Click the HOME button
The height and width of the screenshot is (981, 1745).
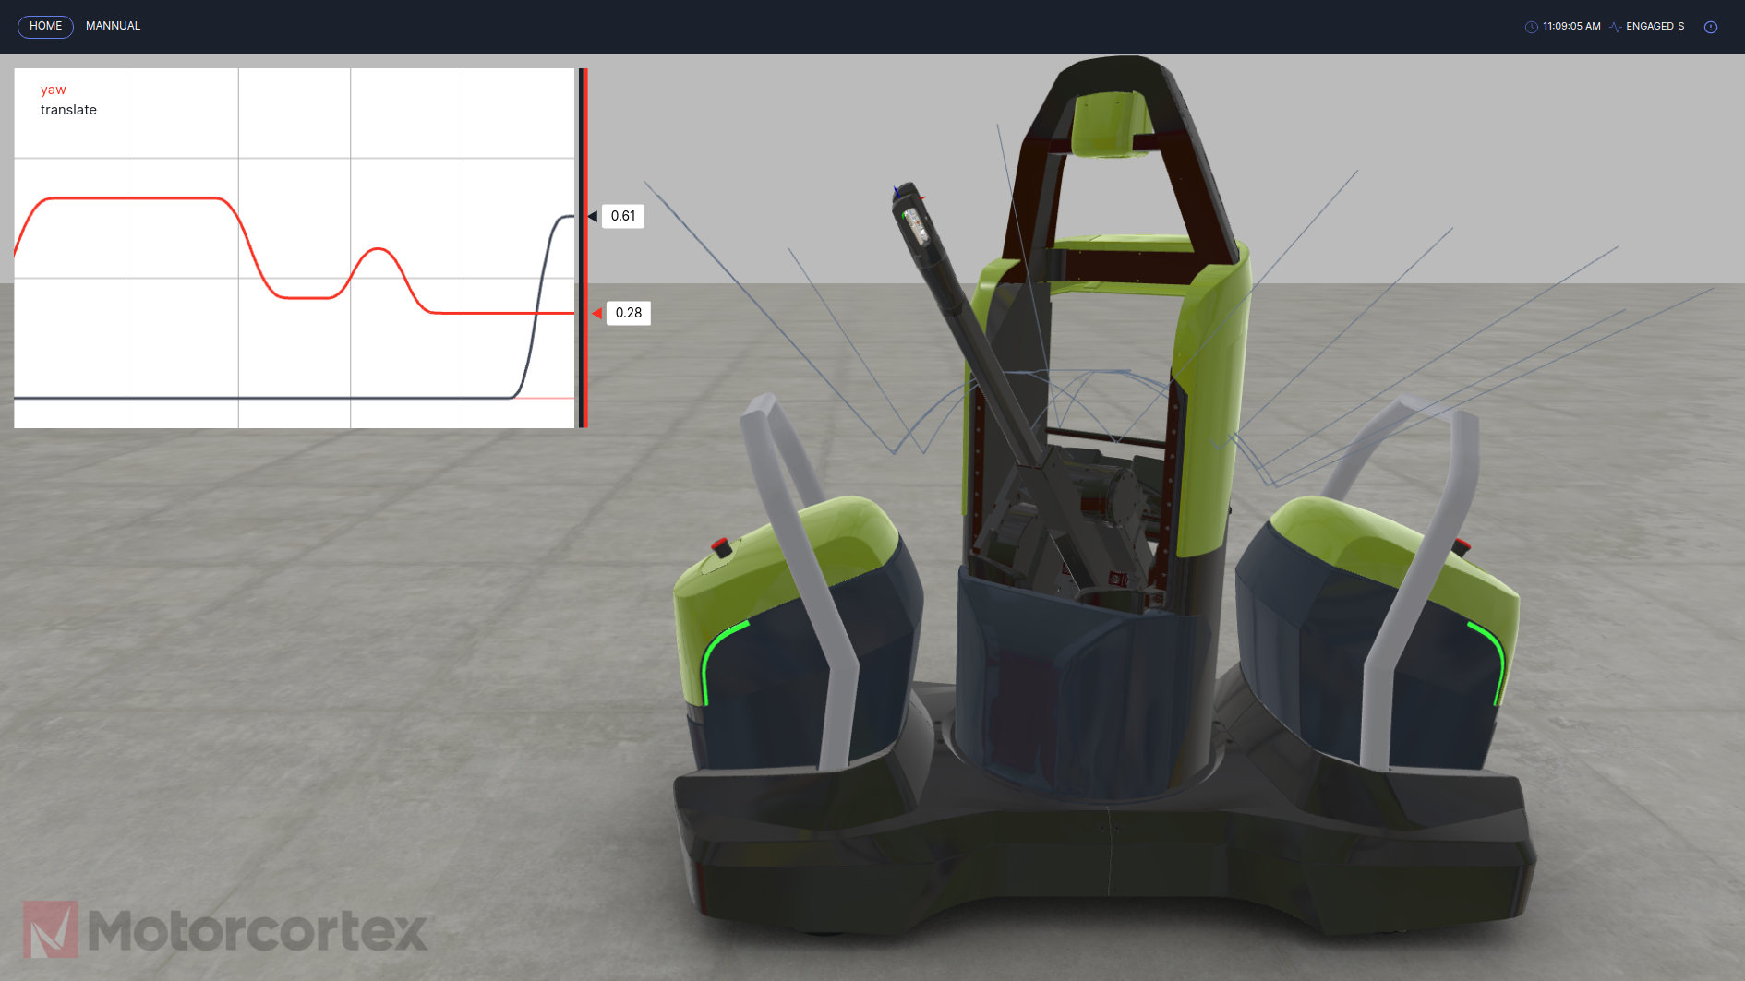45,26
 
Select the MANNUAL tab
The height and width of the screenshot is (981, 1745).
113,26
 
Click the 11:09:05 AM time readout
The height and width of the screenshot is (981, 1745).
1571,27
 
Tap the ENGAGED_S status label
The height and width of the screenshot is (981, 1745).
1655,27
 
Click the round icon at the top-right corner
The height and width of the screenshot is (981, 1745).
1711,27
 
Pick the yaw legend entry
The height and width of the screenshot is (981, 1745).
53,90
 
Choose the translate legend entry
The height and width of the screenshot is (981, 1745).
68,110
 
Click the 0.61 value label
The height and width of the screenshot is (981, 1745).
623,216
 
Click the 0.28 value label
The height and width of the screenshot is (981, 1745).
629,313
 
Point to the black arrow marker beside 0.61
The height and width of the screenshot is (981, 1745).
593,216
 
